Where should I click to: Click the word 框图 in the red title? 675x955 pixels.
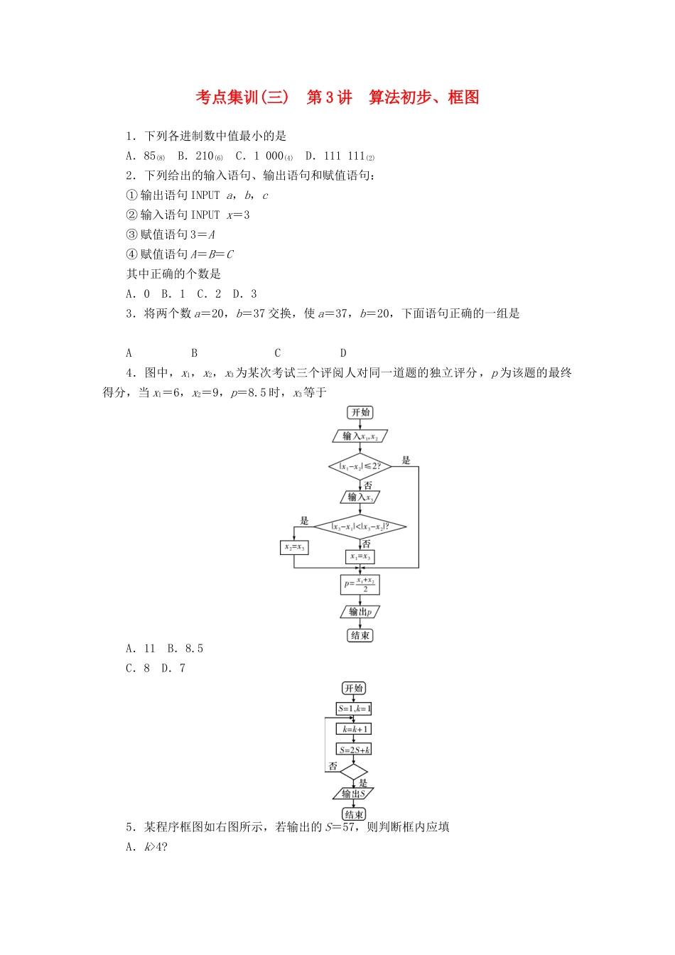463,97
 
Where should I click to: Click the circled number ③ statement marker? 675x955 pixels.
131,234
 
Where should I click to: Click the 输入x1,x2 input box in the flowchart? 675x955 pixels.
360,436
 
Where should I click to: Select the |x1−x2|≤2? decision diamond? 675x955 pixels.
360,467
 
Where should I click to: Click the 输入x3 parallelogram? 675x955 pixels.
360,497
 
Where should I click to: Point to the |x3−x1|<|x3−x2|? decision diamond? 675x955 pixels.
360,527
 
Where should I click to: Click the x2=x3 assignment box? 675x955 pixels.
294,547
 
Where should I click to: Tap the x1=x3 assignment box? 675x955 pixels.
360,556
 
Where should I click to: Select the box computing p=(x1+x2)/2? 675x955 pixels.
360,585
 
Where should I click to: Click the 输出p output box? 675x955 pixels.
360,612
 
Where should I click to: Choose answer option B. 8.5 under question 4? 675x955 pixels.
185,649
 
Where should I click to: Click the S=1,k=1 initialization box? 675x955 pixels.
354,708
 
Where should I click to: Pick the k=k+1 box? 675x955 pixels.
354,729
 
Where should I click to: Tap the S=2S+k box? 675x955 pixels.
354,750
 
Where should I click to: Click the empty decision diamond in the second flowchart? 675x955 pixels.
354,772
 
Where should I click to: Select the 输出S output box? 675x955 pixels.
354,794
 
